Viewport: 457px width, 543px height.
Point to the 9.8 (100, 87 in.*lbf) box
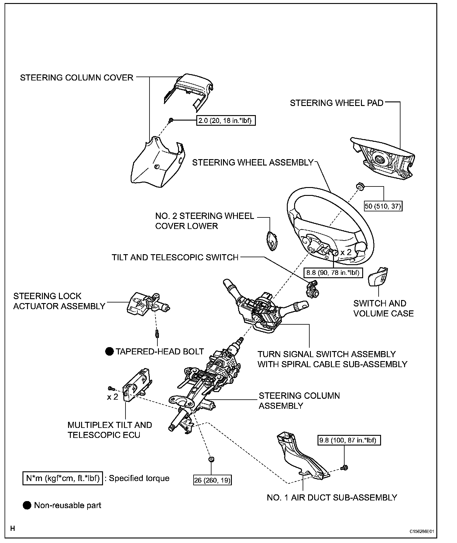pyautogui.click(x=349, y=440)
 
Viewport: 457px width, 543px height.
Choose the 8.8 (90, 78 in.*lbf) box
pyautogui.click(x=333, y=272)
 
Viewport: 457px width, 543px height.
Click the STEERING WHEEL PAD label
pyautogui.click(x=337, y=103)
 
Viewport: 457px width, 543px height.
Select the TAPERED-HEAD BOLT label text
pyautogui.click(x=160, y=351)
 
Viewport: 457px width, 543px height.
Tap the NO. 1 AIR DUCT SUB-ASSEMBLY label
pyautogui.click(x=332, y=497)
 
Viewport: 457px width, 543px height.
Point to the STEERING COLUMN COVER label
pyautogui.click(x=77, y=78)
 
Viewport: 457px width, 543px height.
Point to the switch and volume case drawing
pyautogui.click(x=378, y=277)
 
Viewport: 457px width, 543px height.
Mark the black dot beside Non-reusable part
pyautogui.click(x=27, y=505)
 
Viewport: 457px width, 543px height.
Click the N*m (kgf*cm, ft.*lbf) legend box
pyautogui.click(x=63, y=478)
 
